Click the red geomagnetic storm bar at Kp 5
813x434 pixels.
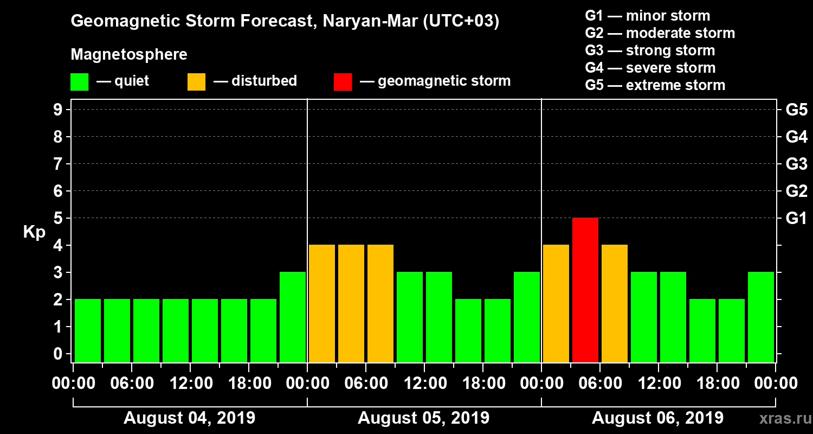coord(585,290)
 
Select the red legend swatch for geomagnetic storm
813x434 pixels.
coord(343,82)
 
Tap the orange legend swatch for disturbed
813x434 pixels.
coord(196,82)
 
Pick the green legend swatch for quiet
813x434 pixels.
coord(79,82)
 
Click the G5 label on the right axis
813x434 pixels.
coord(796,110)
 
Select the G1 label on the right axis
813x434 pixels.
coord(796,219)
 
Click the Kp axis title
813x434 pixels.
coord(34,232)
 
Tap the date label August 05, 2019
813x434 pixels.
coord(423,418)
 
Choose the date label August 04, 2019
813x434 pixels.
coord(189,418)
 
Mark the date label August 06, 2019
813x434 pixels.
coord(657,418)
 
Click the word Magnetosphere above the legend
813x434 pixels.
coord(129,55)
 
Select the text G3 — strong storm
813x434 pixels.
coord(650,50)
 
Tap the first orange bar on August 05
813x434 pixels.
coord(322,303)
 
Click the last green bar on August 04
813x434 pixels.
coord(293,317)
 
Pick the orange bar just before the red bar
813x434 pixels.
coord(556,303)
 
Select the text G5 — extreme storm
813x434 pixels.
coord(655,85)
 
